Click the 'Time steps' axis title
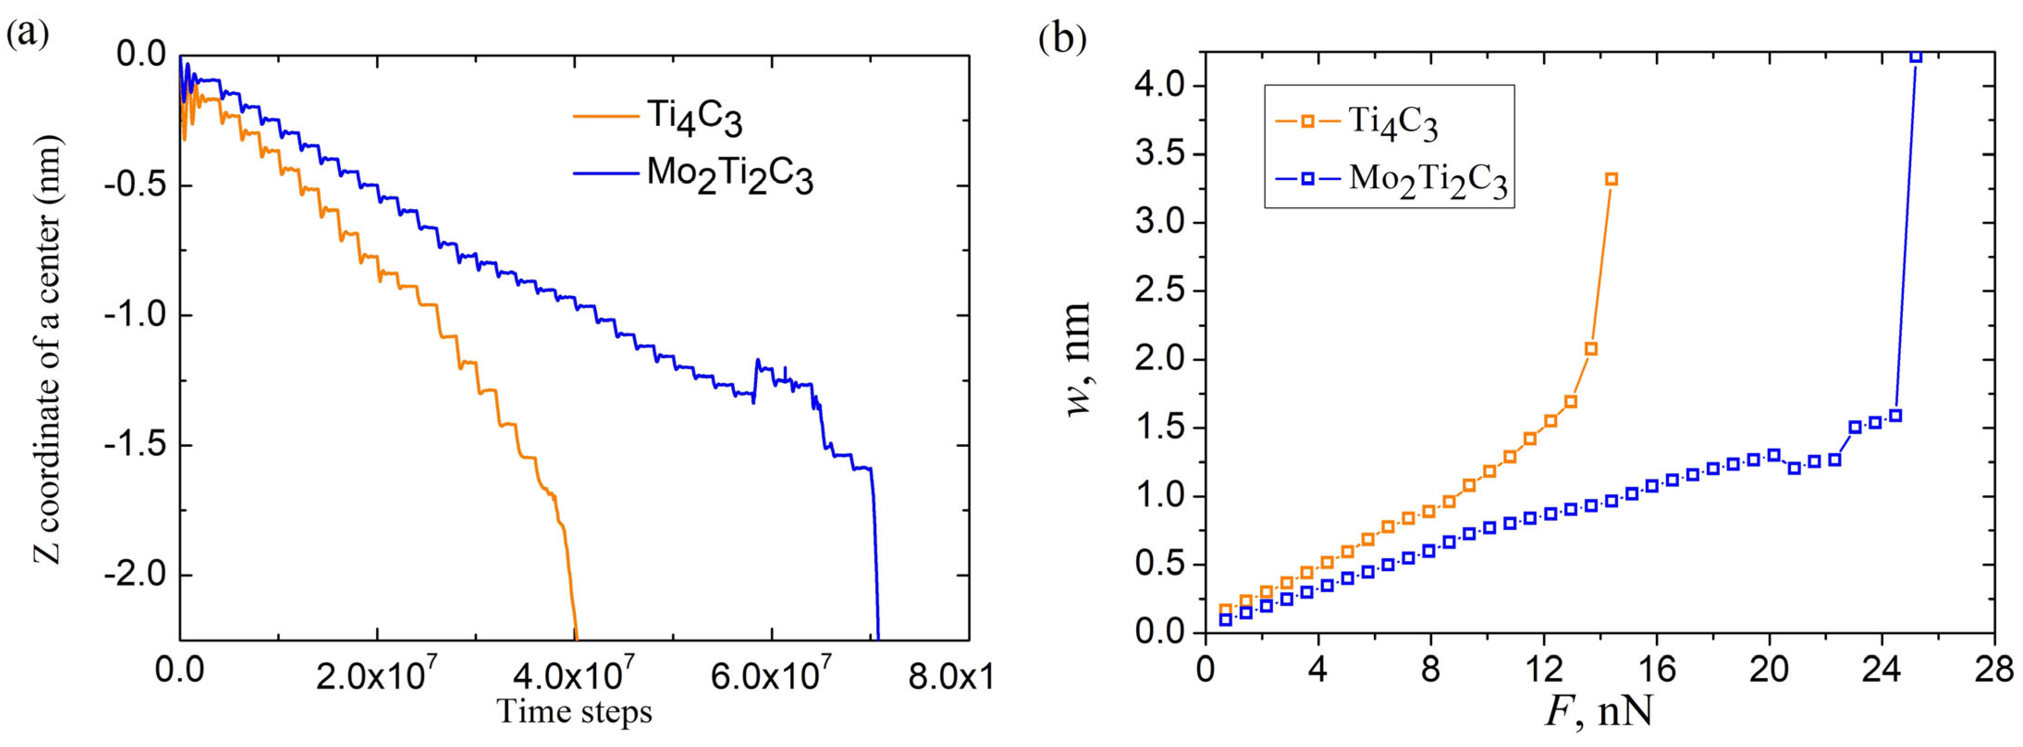point(575,712)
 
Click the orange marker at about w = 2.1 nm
point(1591,349)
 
